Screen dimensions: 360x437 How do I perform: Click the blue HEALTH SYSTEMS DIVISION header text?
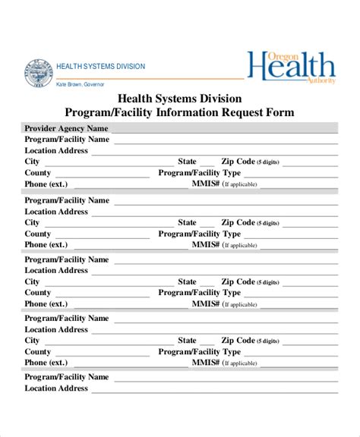coord(101,66)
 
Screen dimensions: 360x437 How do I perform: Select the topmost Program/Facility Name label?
coord(67,140)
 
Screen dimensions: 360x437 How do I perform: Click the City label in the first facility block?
coord(32,162)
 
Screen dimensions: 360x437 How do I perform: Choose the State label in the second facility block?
coord(187,223)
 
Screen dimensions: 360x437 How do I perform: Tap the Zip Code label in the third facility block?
coord(238,282)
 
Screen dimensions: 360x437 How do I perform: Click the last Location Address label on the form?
coord(56,388)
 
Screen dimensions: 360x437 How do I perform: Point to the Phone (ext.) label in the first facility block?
coord(46,184)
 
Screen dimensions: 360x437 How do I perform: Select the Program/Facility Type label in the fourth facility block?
coord(199,352)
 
